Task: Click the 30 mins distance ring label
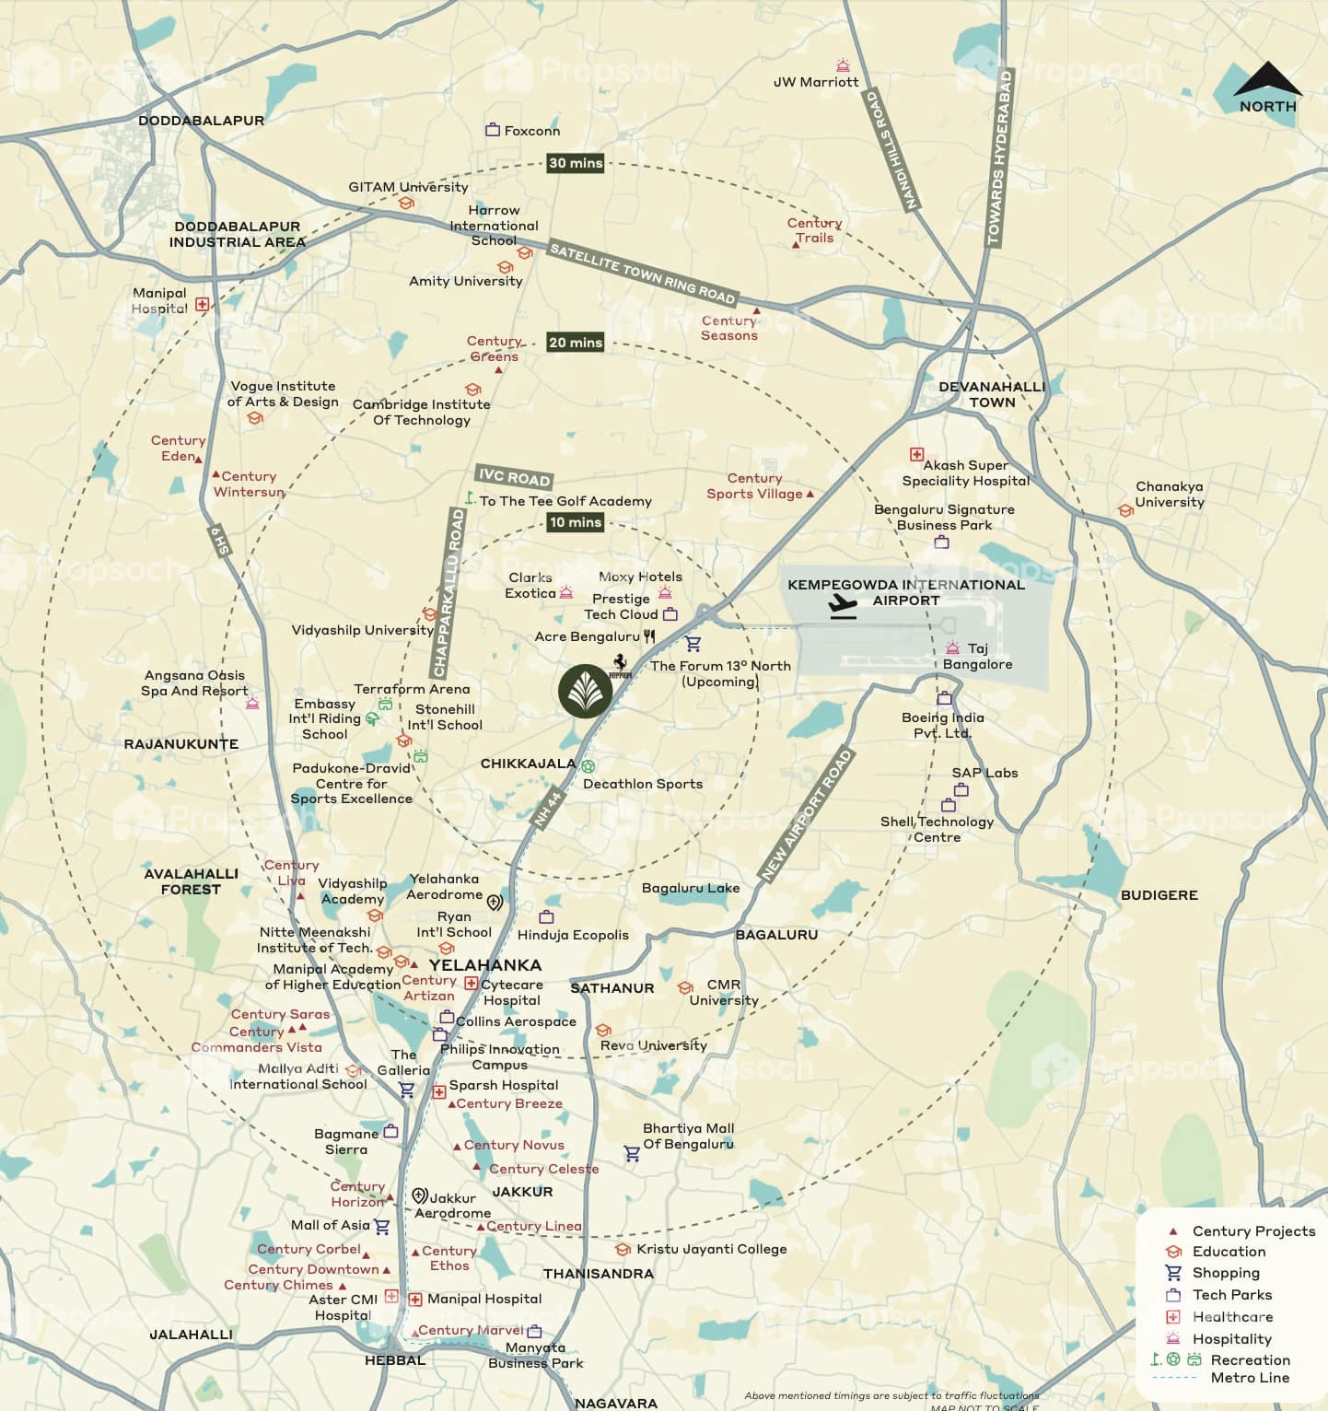[576, 163]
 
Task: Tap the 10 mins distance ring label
[576, 522]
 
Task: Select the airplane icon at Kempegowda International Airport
[842, 606]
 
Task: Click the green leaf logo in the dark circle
[585, 691]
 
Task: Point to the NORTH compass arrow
[1267, 80]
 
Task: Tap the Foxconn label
[531, 131]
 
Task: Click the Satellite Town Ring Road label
[642, 273]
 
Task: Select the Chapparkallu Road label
[448, 593]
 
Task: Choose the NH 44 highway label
[548, 809]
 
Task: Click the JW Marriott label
[816, 82]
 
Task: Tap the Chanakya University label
[1170, 495]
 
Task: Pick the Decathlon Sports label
[642, 784]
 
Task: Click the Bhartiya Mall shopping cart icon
[632, 1153]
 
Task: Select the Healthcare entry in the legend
[1231, 1317]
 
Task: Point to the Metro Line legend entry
[1249, 1378]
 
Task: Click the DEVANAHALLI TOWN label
[992, 394]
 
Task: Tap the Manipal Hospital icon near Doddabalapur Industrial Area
[203, 304]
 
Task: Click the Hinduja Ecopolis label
[573, 935]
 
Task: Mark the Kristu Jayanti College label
[711, 1249]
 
